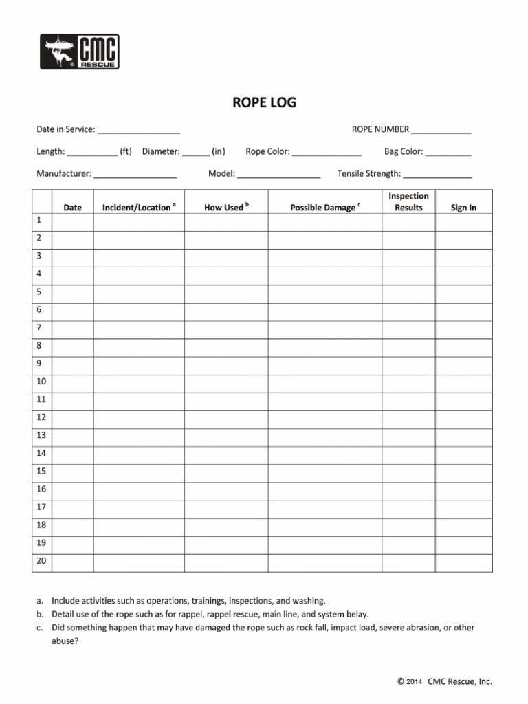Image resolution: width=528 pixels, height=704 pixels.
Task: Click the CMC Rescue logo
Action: (x=79, y=52)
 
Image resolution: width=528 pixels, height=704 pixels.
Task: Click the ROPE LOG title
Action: (x=264, y=103)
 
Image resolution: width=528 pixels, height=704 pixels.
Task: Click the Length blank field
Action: (x=92, y=152)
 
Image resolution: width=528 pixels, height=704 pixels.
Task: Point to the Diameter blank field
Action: (x=196, y=152)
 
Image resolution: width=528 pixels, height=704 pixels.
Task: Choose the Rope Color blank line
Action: (x=327, y=152)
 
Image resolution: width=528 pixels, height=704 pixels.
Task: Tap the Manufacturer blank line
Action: (x=135, y=175)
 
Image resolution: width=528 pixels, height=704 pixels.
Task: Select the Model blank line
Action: (x=278, y=175)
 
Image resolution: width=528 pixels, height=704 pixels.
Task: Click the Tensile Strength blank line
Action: (x=437, y=175)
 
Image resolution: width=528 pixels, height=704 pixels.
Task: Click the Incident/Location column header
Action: (x=139, y=207)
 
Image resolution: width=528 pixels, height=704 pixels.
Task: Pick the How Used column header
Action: (x=226, y=207)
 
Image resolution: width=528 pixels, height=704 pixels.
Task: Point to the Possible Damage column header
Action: (x=325, y=207)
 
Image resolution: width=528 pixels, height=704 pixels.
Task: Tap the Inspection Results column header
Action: (x=408, y=201)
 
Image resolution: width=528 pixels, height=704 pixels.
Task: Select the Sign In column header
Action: (x=463, y=207)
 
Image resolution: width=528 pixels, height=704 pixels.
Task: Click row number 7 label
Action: (x=40, y=327)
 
